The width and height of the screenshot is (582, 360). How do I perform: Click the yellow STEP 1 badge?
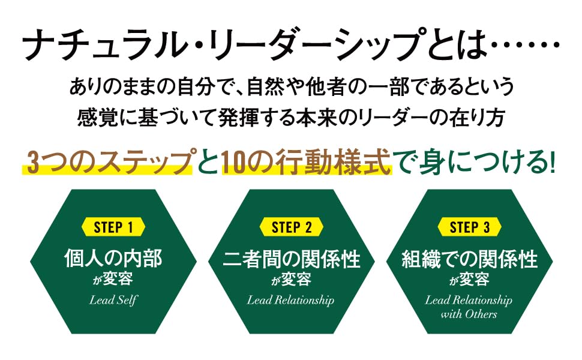click(x=113, y=227)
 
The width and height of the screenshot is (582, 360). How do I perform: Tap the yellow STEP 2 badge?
click(x=292, y=227)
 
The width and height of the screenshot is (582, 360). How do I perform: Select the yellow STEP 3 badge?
click(x=469, y=227)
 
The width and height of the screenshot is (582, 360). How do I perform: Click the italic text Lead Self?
click(x=113, y=300)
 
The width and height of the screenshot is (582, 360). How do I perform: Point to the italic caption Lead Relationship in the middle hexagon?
click(x=290, y=300)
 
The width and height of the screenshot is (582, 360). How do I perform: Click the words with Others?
click(x=469, y=314)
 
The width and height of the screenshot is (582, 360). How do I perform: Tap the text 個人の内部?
click(x=113, y=259)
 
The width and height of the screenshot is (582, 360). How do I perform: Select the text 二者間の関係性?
click(x=291, y=259)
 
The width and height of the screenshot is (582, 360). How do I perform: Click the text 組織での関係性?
click(x=469, y=259)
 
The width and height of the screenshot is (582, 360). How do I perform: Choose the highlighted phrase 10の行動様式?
click(x=306, y=163)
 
